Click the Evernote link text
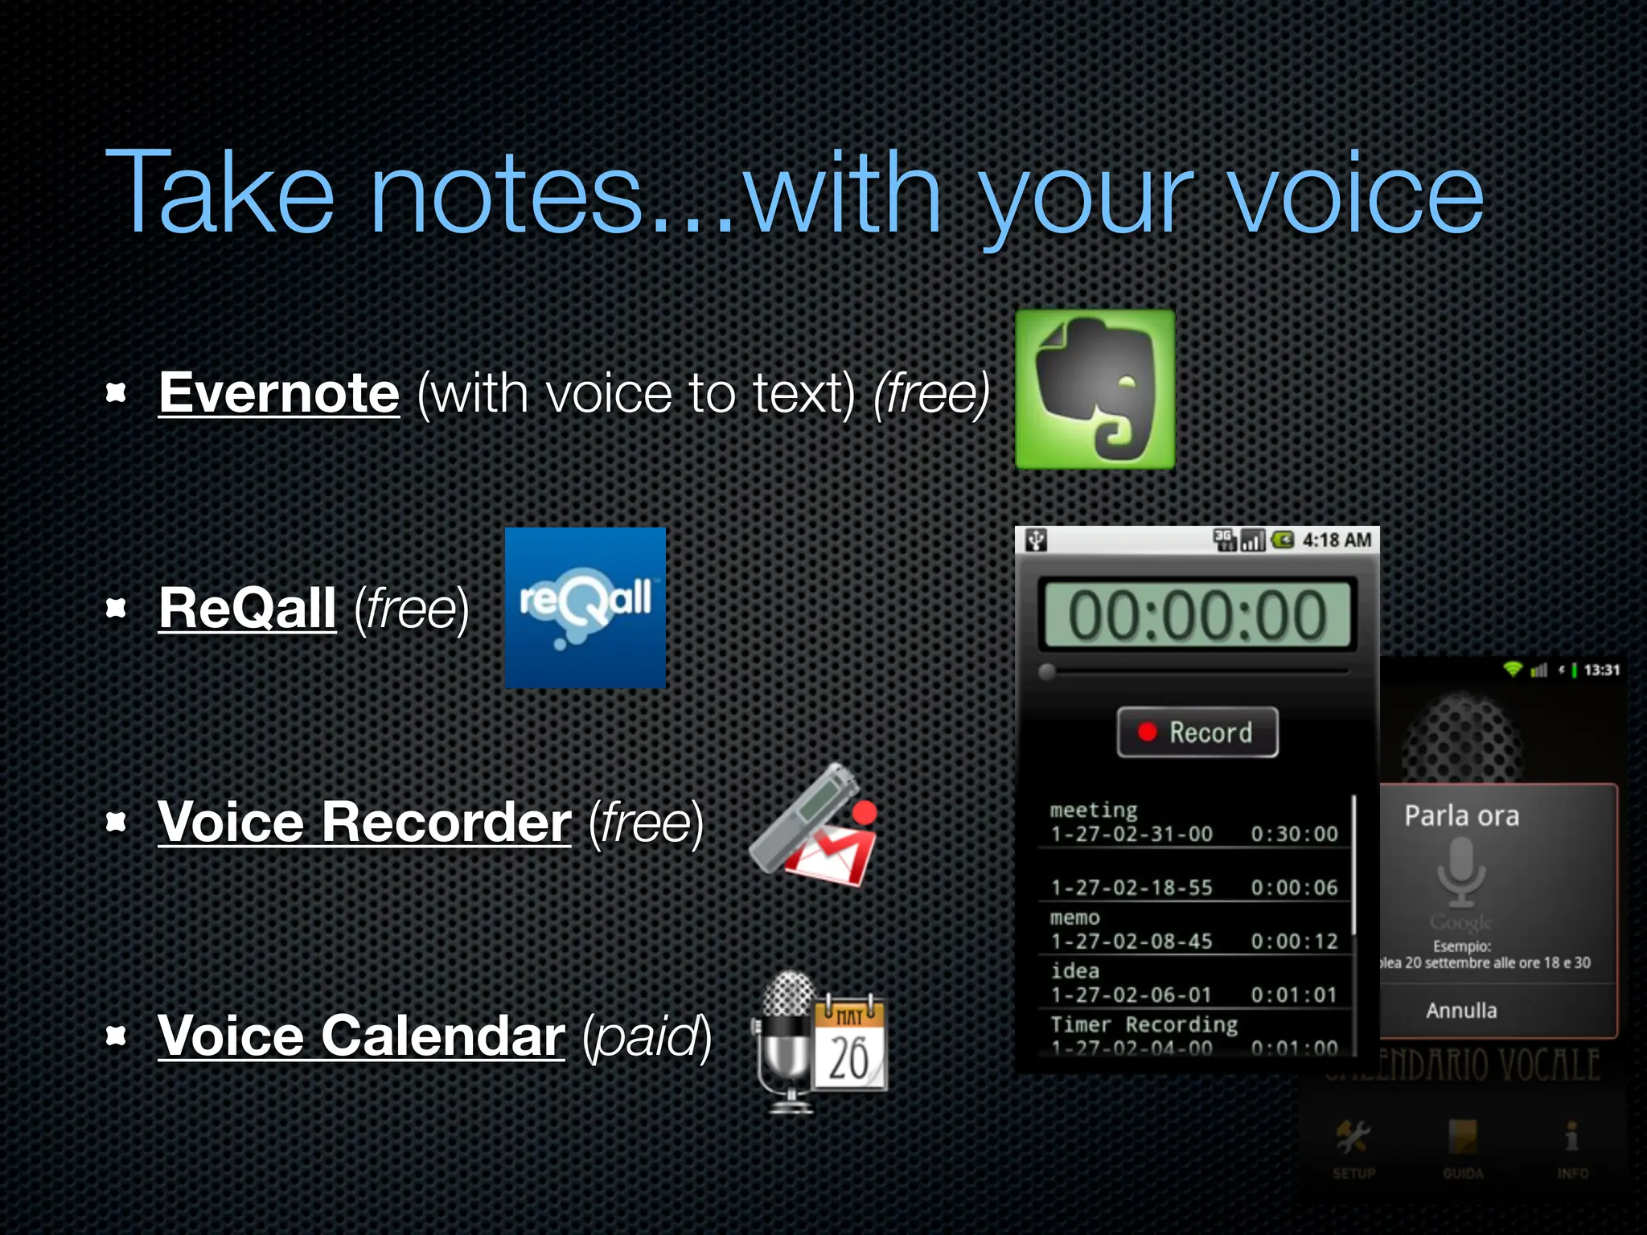279,393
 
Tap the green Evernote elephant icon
1095,390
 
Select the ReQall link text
247,608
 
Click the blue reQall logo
585,608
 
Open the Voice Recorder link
364,823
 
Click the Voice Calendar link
361,1036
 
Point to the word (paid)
647,1036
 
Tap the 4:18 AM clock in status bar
1337,540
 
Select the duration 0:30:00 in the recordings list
1293,835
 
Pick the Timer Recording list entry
1144,1025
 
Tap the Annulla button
1461,1011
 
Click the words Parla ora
1461,816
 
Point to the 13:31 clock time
1601,670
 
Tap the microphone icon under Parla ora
1461,872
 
